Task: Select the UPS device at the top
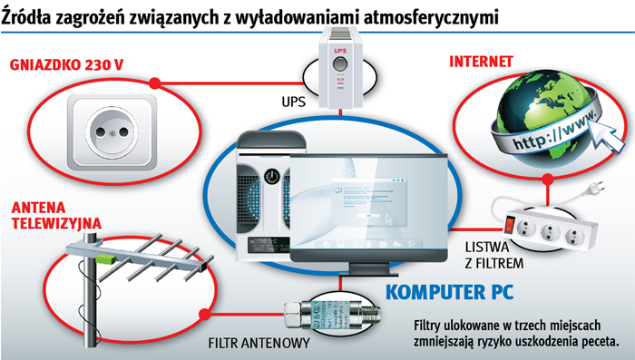coord(342,61)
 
